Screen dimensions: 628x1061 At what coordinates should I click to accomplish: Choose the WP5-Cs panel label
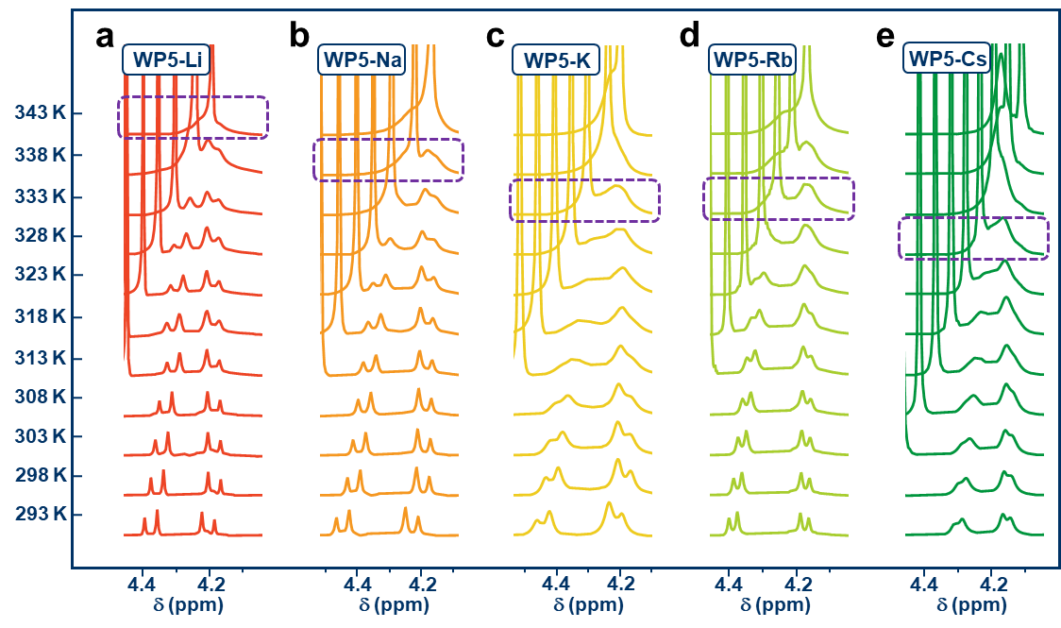pos(947,59)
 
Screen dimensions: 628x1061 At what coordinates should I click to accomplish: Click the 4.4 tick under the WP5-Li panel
pos(142,585)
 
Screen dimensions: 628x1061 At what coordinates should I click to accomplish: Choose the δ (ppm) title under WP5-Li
pos(188,605)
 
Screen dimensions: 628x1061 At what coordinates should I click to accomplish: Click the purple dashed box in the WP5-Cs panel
pos(973,238)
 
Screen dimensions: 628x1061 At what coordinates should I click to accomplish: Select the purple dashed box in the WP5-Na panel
pos(388,160)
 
